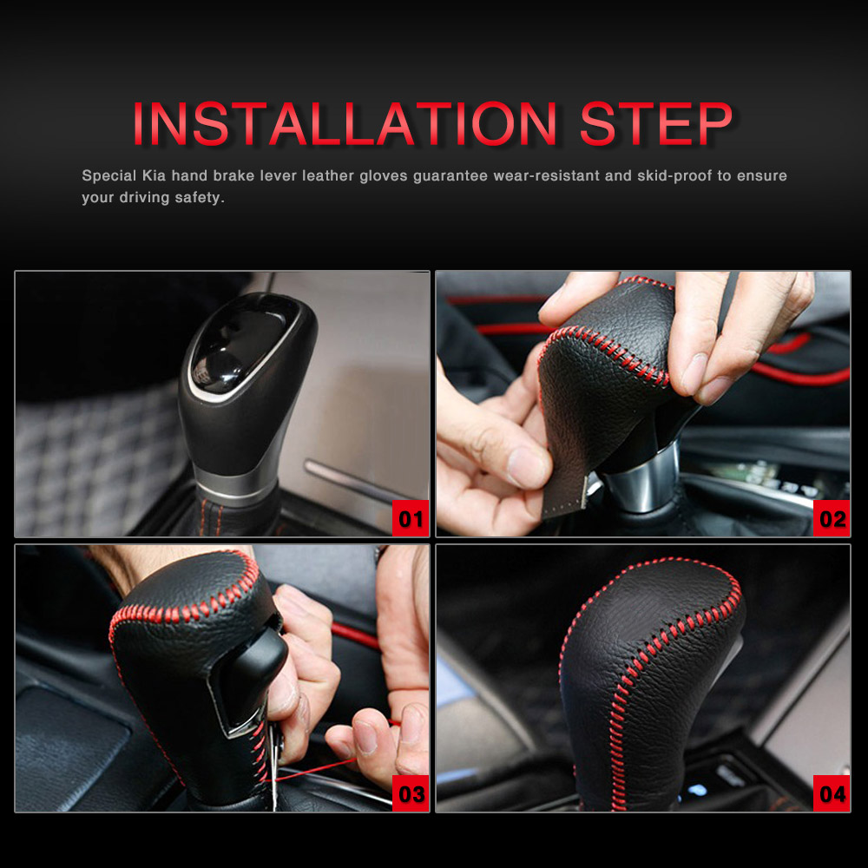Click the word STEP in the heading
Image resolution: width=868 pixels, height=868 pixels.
[x=656, y=123]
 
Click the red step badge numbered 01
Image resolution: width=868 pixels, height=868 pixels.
[x=411, y=518]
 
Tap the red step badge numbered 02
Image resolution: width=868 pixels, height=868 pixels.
[x=832, y=518]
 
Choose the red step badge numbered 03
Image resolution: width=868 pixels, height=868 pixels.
[x=411, y=793]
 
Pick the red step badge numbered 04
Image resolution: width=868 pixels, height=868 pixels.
[x=832, y=793]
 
